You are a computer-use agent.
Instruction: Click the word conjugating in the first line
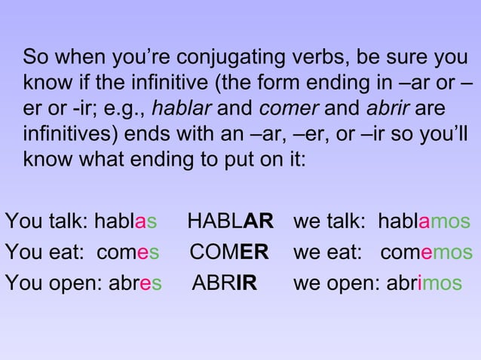point(222,57)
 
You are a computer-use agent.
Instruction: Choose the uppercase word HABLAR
point(230,222)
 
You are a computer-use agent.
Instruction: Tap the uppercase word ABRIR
point(225,283)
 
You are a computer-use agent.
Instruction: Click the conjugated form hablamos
point(423,222)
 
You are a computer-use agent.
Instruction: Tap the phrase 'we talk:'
point(322,222)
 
